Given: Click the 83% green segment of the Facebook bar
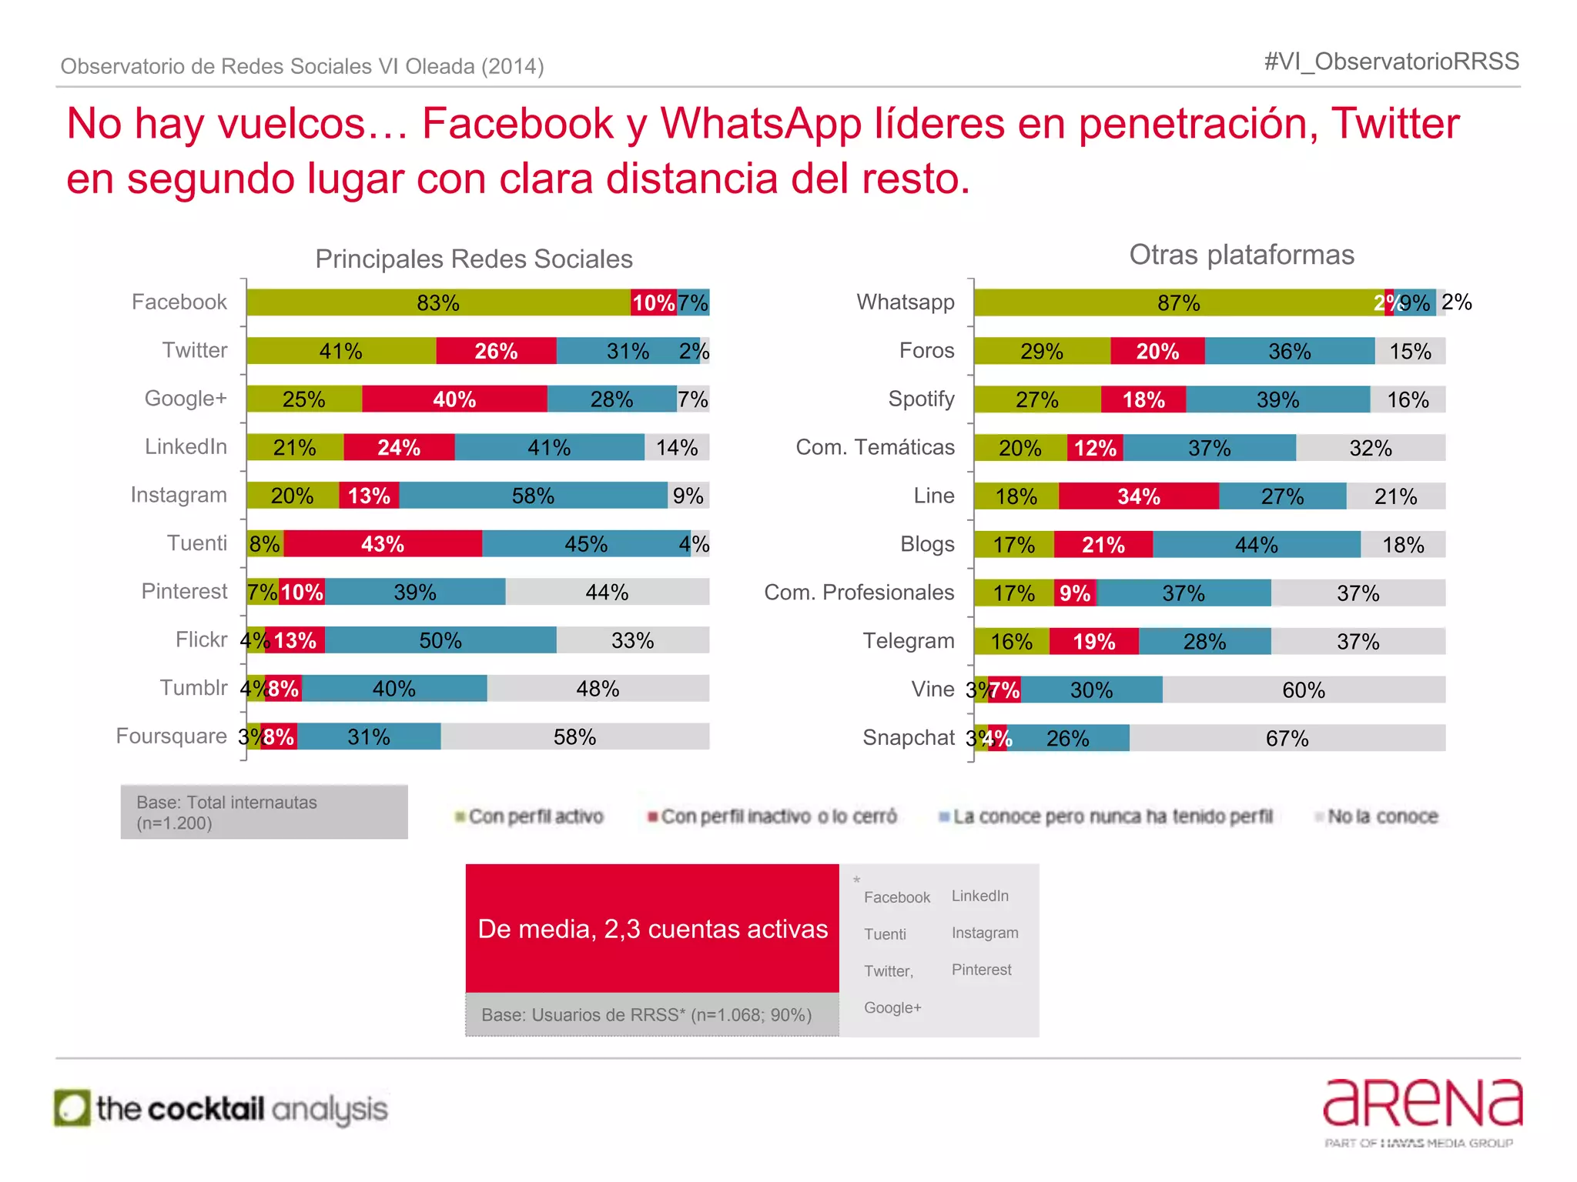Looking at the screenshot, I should (438, 302).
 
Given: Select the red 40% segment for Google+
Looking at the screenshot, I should (454, 399).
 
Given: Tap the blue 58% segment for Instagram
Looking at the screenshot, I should (533, 496).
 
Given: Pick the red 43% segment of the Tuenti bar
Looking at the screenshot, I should (383, 544).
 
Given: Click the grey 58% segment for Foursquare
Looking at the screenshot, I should (574, 737).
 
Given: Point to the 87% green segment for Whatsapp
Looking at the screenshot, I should (1178, 302).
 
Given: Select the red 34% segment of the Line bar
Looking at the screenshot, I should (1138, 496).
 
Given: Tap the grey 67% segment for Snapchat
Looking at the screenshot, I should (1287, 739).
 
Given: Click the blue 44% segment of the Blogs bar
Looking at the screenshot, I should (1256, 545).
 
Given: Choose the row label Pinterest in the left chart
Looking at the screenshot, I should (184, 591).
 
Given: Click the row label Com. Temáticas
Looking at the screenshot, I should (875, 447).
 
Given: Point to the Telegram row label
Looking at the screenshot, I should (908, 640).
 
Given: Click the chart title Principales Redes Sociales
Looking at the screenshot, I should (474, 259).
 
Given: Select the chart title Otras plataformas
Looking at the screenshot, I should (1241, 255).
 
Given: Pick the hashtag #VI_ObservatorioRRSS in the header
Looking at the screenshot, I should (1391, 62).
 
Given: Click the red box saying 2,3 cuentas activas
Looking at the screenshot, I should (652, 929).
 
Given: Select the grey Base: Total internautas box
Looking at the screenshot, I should (264, 812).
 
